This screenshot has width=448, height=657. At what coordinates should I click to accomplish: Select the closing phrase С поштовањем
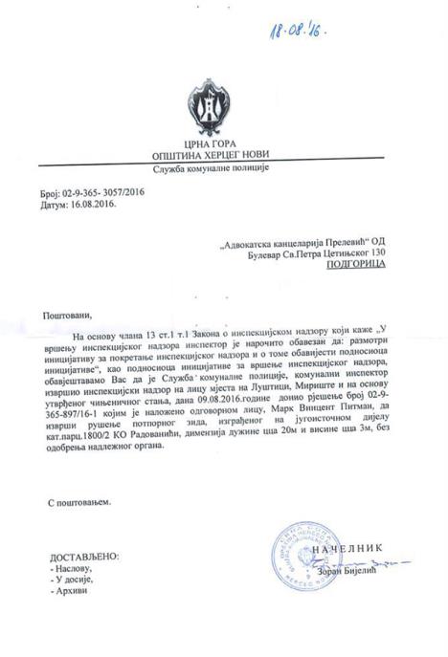pos(80,500)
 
